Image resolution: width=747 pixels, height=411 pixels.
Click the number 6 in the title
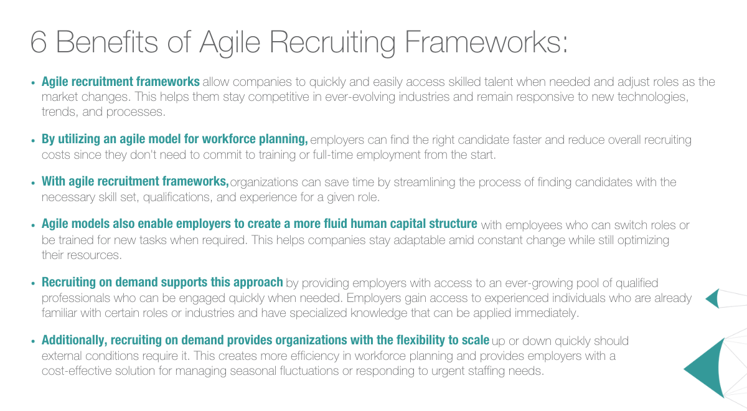coord(38,42)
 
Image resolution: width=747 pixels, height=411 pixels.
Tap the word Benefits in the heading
coord(106,42)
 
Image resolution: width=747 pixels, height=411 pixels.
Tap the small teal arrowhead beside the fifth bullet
coord(713,298)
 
